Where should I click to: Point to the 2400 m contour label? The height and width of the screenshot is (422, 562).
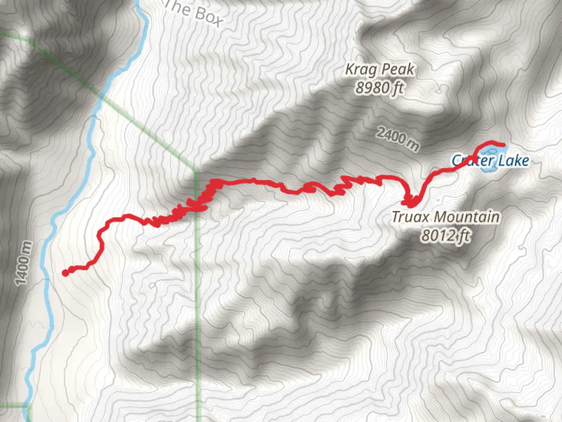(398, 138)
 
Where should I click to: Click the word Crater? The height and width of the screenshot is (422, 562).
(467, 160)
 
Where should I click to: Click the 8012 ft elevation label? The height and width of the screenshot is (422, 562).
(445, 236)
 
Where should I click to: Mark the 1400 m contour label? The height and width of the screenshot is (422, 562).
(23, 263)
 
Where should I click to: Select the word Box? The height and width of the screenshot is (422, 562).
(208, 16)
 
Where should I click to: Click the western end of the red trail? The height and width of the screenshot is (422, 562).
(65, 273)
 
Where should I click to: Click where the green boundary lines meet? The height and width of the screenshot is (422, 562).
(196, 170)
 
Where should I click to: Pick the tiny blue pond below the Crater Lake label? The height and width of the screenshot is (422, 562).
(519, 175)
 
